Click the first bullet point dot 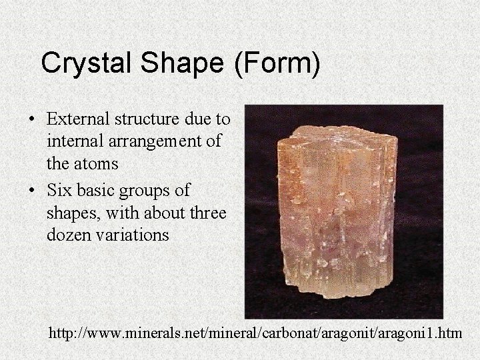tap(32, 121)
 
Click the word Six tap(59, 191)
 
